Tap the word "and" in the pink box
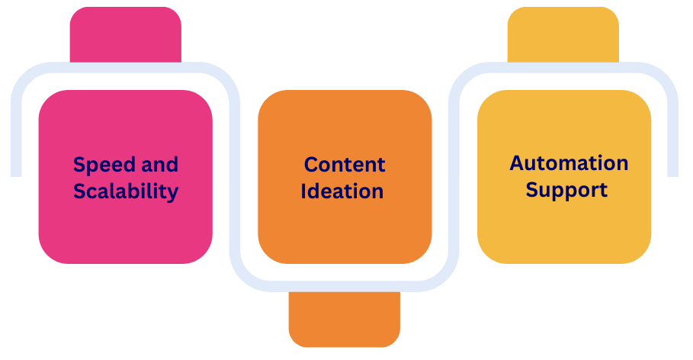160,165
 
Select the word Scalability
126,191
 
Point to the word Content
345,165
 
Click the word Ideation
342,191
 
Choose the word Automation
569,163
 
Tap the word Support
566,189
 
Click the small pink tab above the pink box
125,35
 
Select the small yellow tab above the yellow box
563,34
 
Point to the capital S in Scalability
80,191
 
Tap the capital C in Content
312,165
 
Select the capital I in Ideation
304,191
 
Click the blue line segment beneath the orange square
345,285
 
